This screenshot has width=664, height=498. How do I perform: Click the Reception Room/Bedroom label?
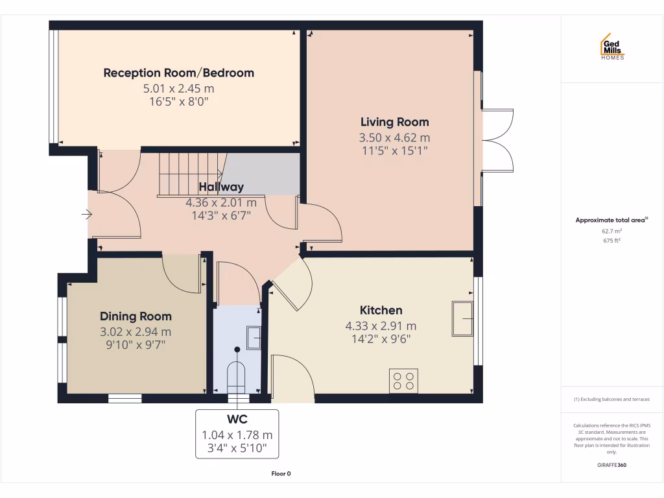coord(178,73)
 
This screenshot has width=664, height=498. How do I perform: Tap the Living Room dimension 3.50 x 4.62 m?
coord(394,137)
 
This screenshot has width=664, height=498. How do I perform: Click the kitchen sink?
coord(462,318)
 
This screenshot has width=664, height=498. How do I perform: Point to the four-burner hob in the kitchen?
coord(403,381)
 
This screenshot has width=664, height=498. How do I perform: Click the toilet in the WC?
coord(237,376)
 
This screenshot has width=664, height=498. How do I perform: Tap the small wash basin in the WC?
coord(254,338)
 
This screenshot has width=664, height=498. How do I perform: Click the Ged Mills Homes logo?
coord(611,47)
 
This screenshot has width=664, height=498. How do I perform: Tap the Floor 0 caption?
coord(281,473)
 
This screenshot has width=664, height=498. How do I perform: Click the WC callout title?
coord(237,420)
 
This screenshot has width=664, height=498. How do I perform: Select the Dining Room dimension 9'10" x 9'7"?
coord(136,345)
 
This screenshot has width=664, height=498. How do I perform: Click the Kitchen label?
coord(381,310)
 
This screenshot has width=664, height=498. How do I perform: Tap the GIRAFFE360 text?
coord(611,465)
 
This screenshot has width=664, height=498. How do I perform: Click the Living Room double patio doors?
coord(497,140)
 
